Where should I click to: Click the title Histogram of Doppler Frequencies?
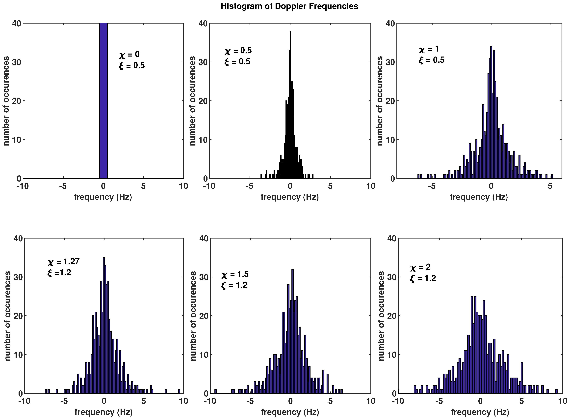289,6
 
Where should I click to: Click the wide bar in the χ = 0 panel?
103,101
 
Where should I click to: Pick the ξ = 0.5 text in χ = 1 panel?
431,60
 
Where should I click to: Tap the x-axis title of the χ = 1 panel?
479,197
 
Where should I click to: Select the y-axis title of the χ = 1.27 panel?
8,316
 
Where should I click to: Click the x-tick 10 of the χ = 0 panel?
183,186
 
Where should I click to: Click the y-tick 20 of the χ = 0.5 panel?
203,101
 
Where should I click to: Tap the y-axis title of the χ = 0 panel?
6,101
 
